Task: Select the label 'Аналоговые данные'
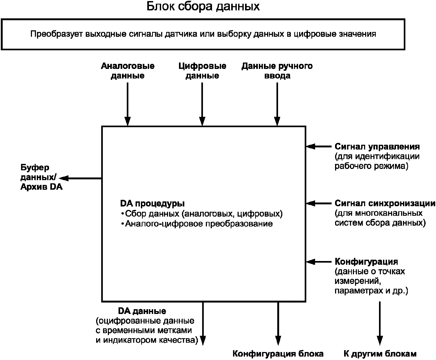tap(128, 71)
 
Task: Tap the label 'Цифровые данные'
tap(202, 71)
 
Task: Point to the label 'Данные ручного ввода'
tap(277, 71)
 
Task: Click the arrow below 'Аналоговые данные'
tap(128, 104)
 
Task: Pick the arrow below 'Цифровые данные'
tap(202, 104)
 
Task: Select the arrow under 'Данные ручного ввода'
tap(277, 104)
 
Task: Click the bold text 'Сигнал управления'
tap(377, 147)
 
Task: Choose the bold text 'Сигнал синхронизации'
tap(385, 204)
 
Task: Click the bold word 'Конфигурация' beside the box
tap(366, 262)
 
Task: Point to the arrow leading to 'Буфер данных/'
tap(80, 178)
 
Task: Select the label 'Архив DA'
tap(42, 187)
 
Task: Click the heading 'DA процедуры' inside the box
tap(152, 204)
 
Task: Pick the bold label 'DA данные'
tap(142, 311)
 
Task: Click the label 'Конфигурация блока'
tap(278, 354)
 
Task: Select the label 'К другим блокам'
tap(380, 354)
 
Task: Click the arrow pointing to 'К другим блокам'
tap(380, 324)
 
